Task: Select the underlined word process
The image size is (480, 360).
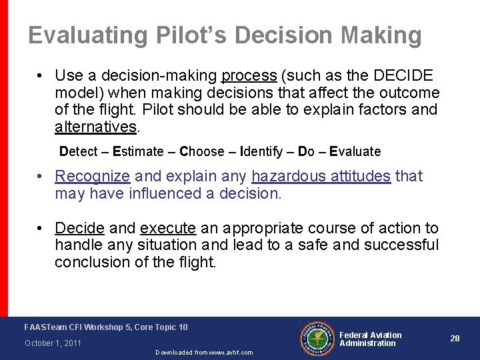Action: [249, 75]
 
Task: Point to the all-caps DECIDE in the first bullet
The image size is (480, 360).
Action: [399, 75]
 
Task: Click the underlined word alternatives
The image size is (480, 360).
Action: [95, 127]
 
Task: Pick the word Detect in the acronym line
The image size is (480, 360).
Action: [78, 151]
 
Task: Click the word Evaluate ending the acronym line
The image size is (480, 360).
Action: [355, 151]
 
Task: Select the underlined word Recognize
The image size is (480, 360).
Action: [92, 177]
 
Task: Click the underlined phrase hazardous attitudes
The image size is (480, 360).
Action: [321, 176]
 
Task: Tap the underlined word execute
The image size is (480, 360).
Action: [168, 228]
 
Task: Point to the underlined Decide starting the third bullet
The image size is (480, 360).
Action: [79, 228]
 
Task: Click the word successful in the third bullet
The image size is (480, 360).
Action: [402, 245]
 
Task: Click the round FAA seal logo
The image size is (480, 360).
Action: [317, 339]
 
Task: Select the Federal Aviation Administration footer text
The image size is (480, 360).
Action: [371, 339]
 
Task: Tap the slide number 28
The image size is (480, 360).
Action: [455, 339]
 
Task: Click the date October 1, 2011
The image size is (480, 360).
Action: [53, 343]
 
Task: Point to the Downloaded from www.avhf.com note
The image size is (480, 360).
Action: [204, 353]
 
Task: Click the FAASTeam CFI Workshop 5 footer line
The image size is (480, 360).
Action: [106, 327]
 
